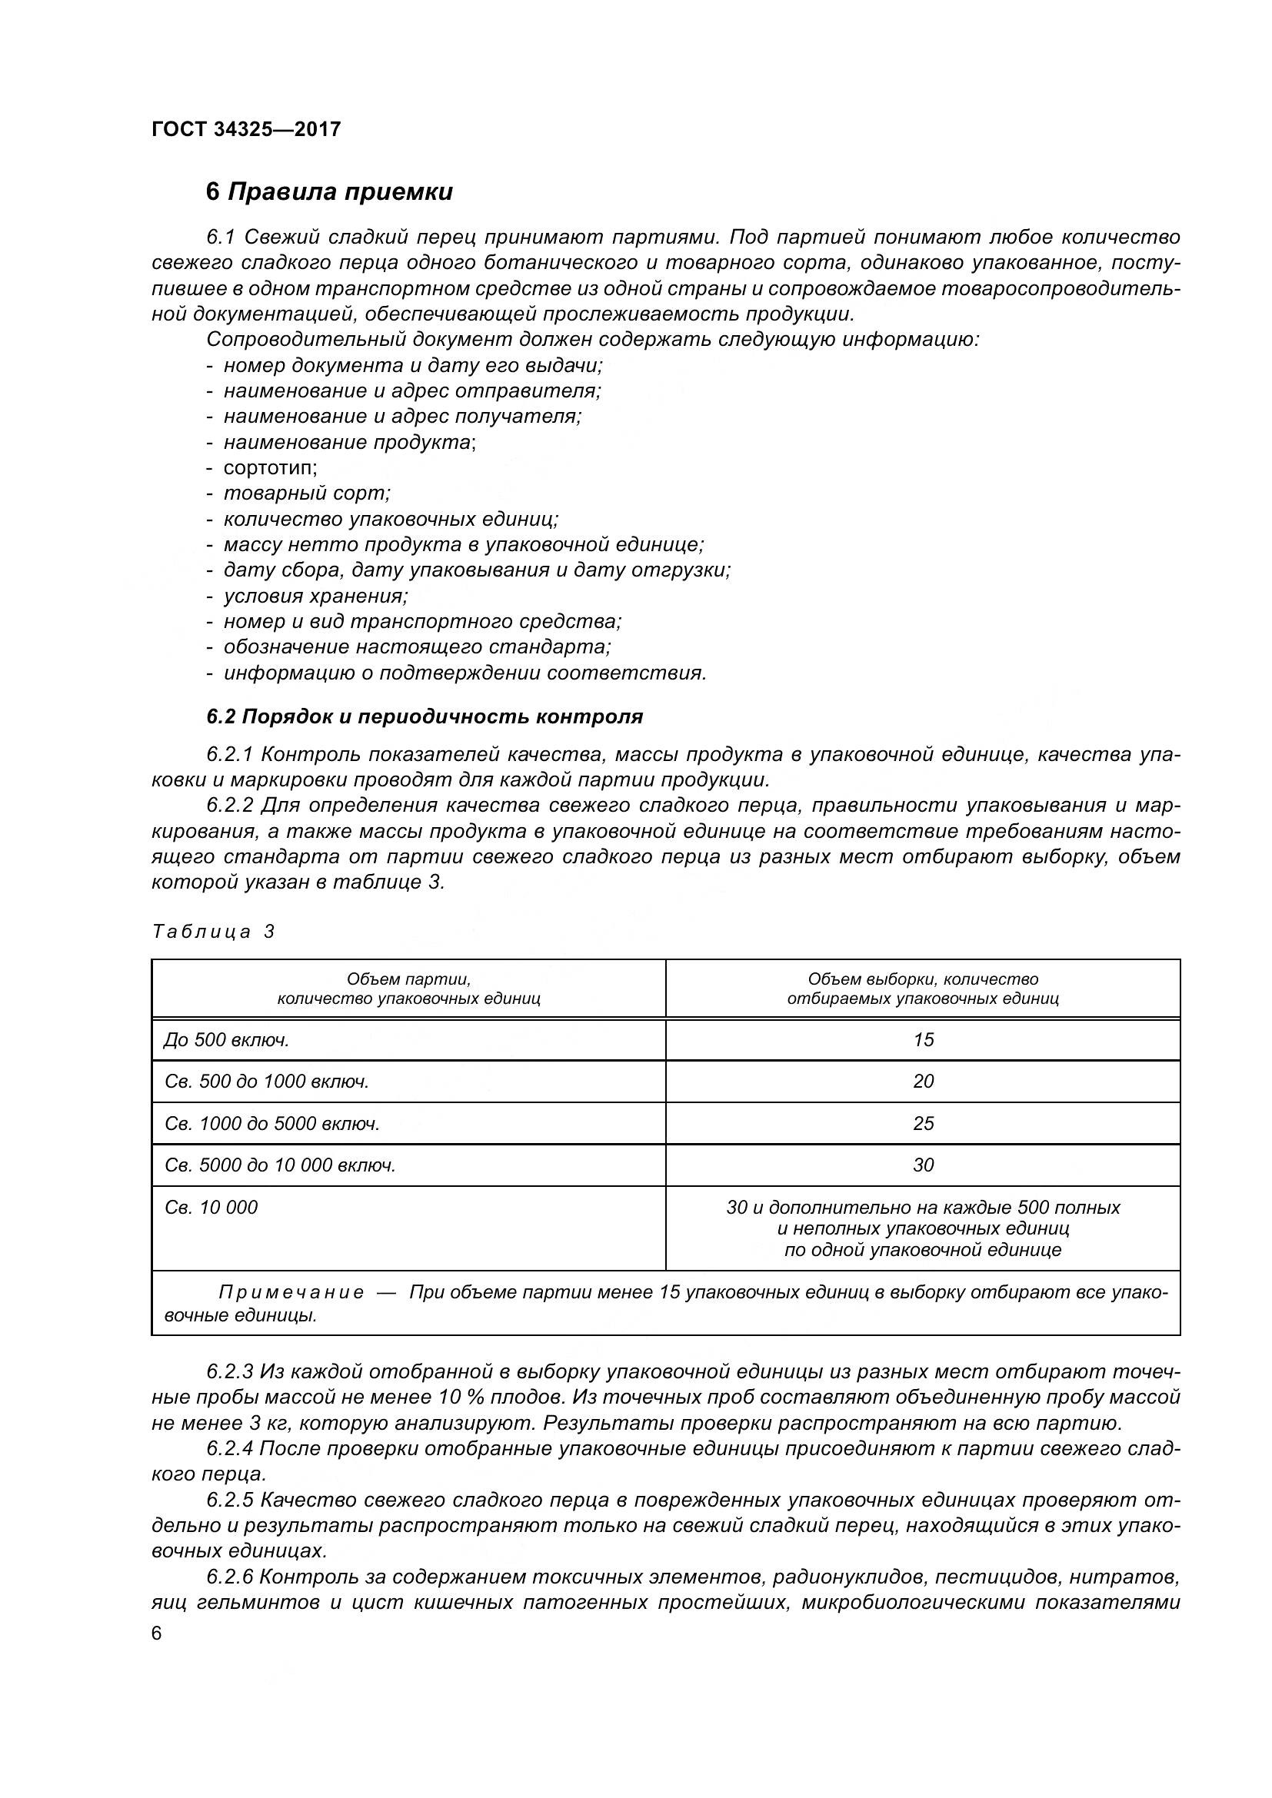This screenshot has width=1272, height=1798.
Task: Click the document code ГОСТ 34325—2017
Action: pos(246,129)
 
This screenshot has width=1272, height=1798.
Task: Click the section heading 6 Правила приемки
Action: pos(329,192)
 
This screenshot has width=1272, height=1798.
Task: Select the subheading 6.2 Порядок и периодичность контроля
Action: pos(425,716)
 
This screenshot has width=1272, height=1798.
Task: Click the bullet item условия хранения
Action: pos(315,596)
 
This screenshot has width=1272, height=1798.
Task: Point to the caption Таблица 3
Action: pos(213,931)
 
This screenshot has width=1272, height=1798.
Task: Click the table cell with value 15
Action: pos(923,1039)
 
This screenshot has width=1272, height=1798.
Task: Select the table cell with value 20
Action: pos(923,1081)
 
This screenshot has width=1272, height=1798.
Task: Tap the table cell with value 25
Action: pos(923,1123)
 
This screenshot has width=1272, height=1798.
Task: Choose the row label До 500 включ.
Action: pos(227,1039)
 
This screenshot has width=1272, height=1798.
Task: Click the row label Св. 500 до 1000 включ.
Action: pos(266,1081)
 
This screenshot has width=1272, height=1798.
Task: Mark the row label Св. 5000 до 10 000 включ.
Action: pos(280,1165)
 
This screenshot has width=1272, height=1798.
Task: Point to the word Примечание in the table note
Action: pos(291,1291)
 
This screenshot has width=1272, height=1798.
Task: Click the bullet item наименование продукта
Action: pos(349,442)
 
